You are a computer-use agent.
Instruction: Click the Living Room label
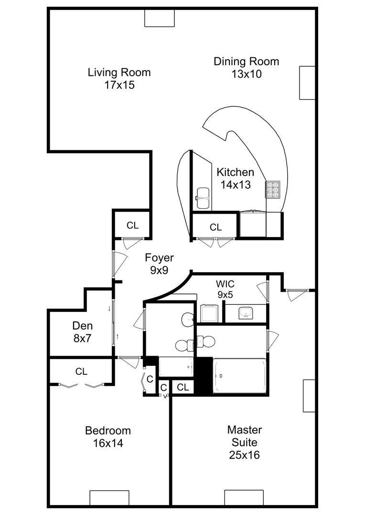click(x=119, y=72)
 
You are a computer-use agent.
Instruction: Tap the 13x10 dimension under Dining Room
click(x=246, y=74)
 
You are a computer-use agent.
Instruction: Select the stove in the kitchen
click(x=273, y=189)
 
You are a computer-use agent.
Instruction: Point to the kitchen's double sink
click(x=203, y=198)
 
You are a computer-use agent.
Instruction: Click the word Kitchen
click(x=235, y=172)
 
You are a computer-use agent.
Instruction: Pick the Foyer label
click(x=160, y=258)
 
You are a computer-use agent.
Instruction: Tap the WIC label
click(x=225, y=284)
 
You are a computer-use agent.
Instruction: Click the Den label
click(x=82, y=326)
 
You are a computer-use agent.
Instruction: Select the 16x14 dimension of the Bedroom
click(x=108, y=443)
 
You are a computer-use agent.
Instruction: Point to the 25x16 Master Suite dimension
click(x=244, y=455)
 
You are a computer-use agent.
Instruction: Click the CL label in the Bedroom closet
click(x=81, y=371)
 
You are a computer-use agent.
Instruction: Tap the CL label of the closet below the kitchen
click(x=216, y=227)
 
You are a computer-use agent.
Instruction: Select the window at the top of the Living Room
click(x=160, y=18)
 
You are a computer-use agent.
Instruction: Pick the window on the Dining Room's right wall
click(x=307, y=82)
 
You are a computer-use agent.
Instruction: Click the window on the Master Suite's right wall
click(x=309, y=396)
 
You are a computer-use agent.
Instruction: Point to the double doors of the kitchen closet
click(x=215, y=241)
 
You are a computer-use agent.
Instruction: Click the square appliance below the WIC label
click(x=209, y=313)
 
